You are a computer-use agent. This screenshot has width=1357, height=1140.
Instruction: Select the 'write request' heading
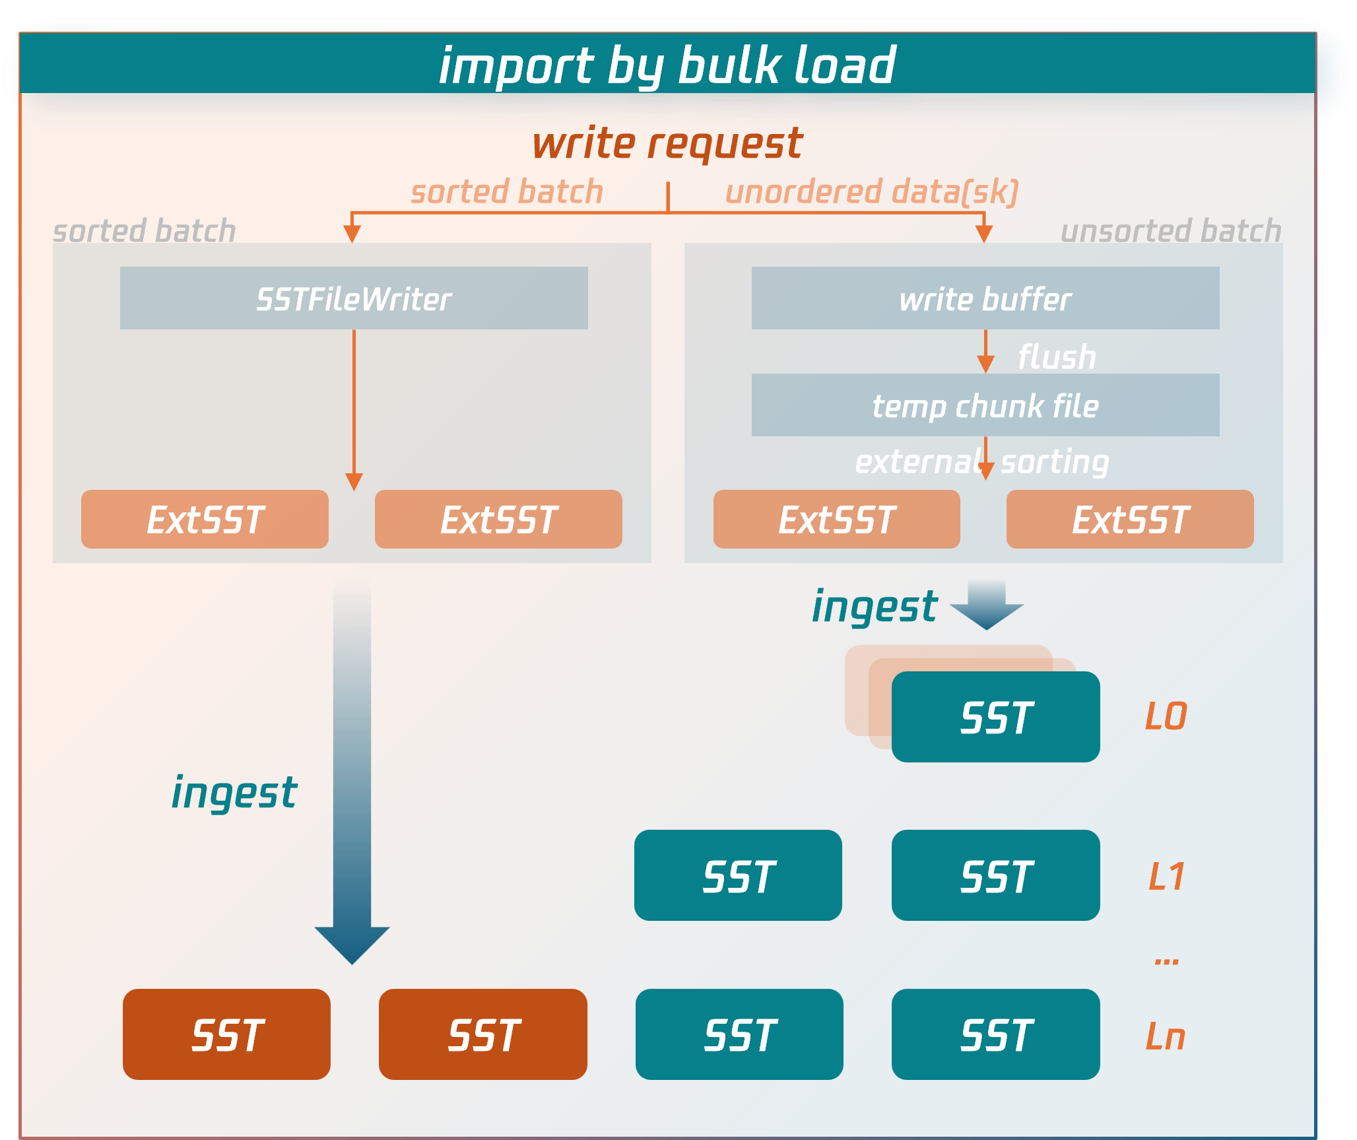[x=667, y=143]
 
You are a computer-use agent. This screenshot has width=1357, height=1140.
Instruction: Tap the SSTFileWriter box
[x=354, y=298]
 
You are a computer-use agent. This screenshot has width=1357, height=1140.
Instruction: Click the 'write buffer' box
[x=985, y=298]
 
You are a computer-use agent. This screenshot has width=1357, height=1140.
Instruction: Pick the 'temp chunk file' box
[x=985, y=405]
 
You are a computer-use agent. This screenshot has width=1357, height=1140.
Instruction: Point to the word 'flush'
[x=1057, y=357]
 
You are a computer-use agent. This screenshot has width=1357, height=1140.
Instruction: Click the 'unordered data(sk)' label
[x=872, y=192]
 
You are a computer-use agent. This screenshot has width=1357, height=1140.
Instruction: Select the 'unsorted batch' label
[x=1170, y=231]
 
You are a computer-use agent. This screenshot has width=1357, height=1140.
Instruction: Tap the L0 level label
[x=1166, y=716]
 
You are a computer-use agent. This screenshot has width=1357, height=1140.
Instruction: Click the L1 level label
[x=1166, y=877]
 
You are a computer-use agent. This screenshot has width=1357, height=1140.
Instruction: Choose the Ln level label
[x=1166, y=1036]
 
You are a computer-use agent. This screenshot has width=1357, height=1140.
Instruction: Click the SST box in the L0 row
[x=995, y=718]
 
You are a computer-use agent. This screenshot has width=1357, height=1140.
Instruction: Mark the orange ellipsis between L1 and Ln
[x=1166, y=962]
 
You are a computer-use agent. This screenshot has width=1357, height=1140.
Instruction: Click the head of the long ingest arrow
[x=352, y=944]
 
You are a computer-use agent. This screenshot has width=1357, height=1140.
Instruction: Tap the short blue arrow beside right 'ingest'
[x=987, y=604]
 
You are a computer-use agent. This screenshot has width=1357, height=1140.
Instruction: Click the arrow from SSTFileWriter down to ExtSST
[x=354, y=409]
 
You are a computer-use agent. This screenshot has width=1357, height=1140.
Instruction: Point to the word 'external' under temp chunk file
[x=918, y=461]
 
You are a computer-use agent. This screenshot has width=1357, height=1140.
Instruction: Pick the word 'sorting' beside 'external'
[x=1055, y=461]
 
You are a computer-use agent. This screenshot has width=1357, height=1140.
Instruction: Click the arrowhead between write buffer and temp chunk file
[x=985, y=364]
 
